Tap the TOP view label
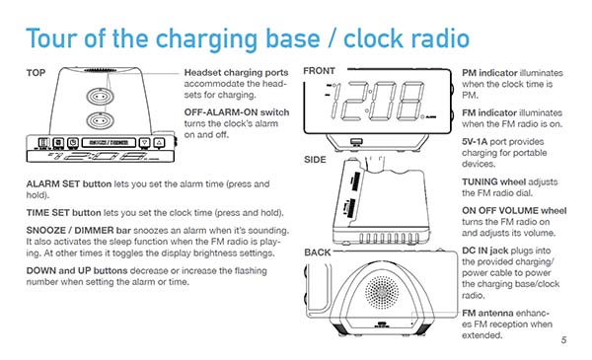(38, 74)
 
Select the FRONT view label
(320, 71)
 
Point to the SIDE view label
(316, 158)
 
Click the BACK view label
(318, 253)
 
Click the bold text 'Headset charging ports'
(237, 74)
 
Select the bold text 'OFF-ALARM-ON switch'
(237, 113)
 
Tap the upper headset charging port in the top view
(99, 97)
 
